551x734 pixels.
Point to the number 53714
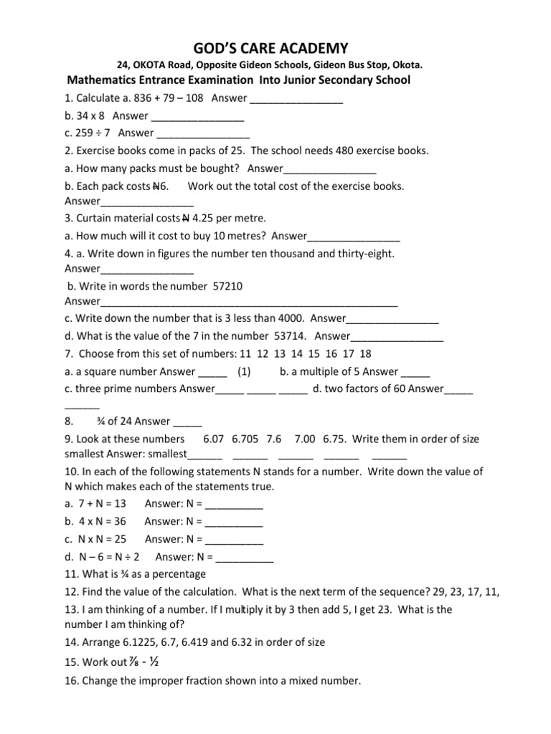point(291,335)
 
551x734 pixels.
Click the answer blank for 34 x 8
point(198,116)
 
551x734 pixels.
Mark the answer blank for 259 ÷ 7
point(203,133)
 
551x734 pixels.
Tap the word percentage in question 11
point(177,574)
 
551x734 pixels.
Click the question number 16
point(70,681)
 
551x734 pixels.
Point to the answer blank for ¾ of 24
point(187,422)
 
